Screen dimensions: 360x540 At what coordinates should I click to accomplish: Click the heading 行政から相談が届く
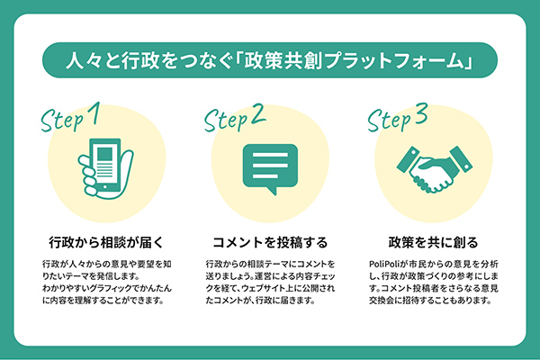click(103, 242)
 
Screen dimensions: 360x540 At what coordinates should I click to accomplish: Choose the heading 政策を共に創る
click(432, 242)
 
